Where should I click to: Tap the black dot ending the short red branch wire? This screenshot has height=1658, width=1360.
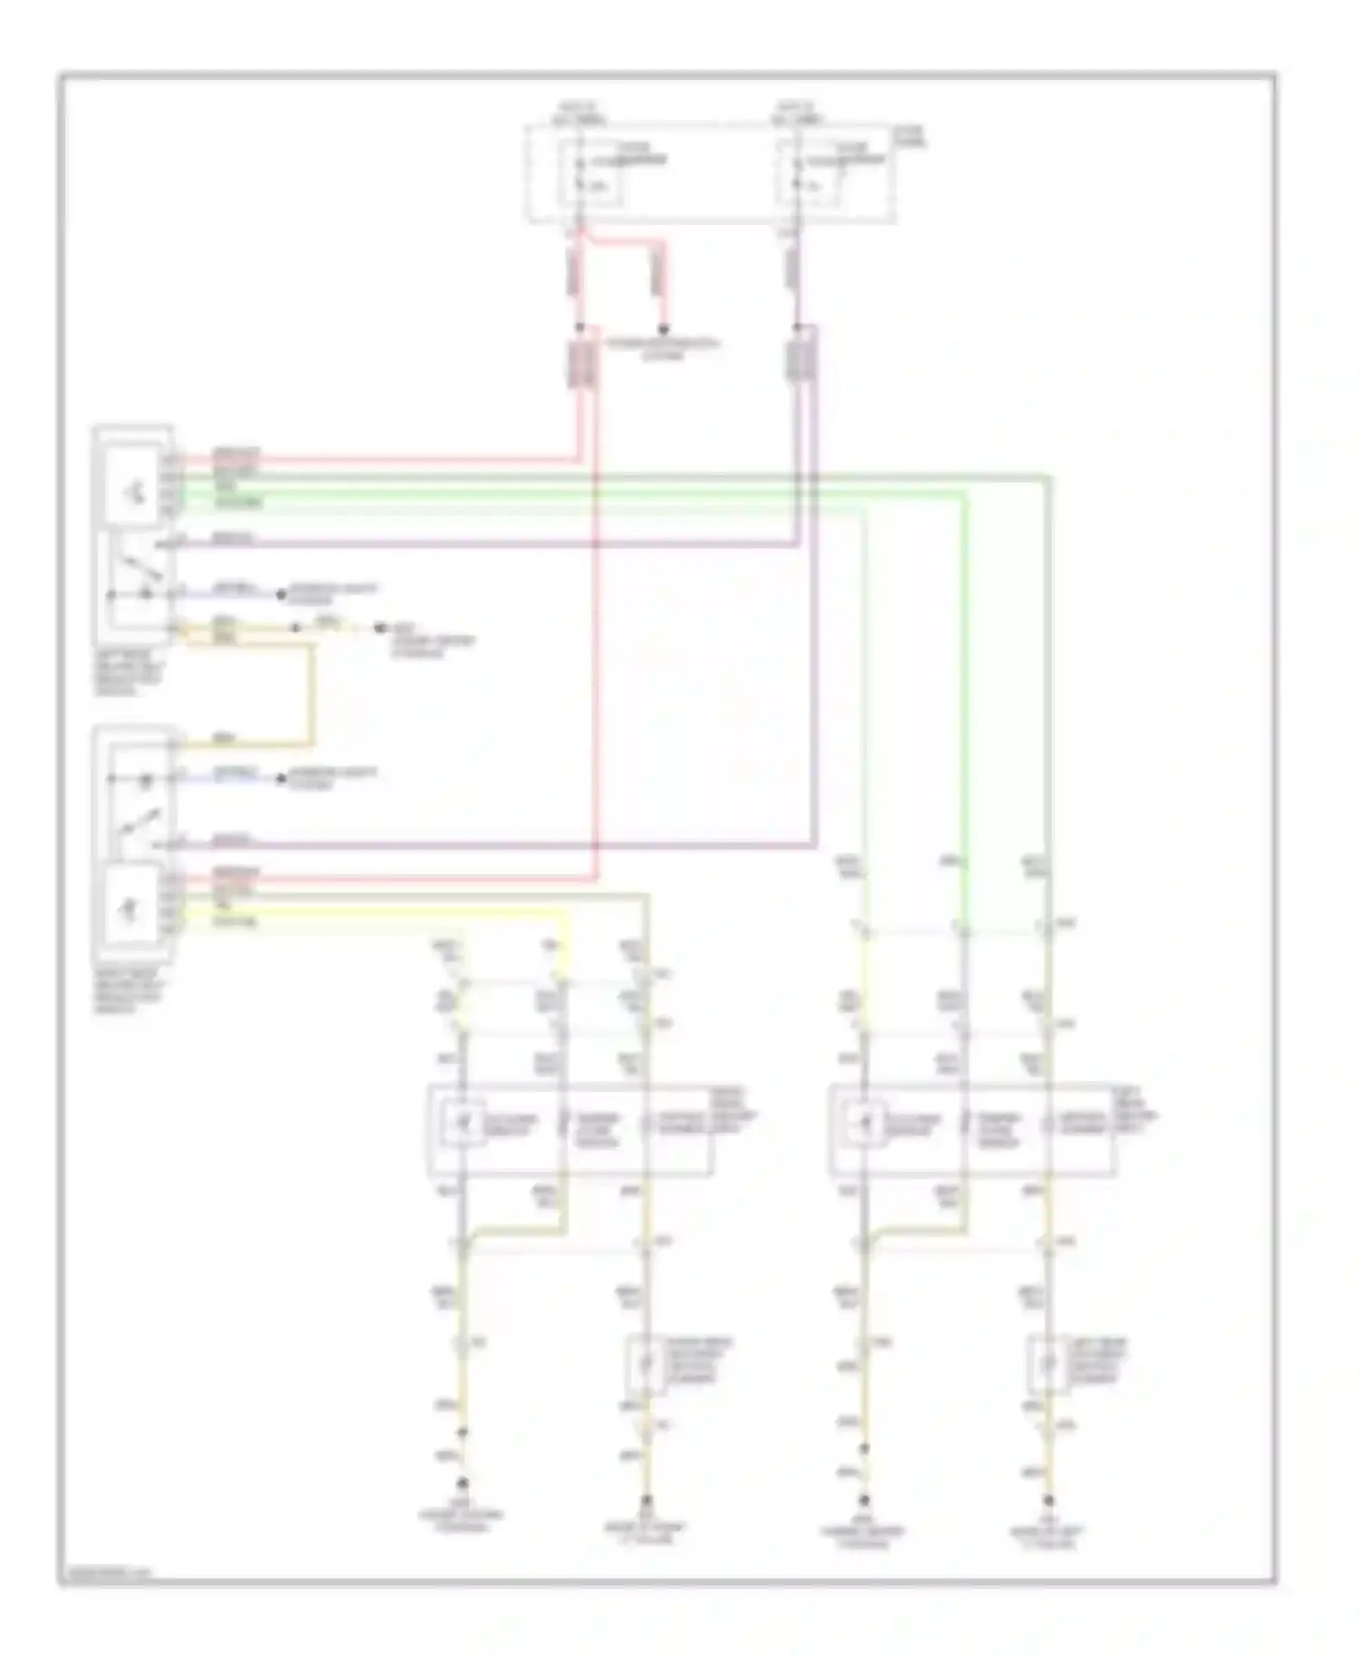coord(664,328)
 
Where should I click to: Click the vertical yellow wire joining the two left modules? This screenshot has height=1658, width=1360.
coord(312,694)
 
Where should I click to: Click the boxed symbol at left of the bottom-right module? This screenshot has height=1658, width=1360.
coord(866,1125)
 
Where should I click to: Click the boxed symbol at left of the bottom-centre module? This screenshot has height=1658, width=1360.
coord(463,1125)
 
